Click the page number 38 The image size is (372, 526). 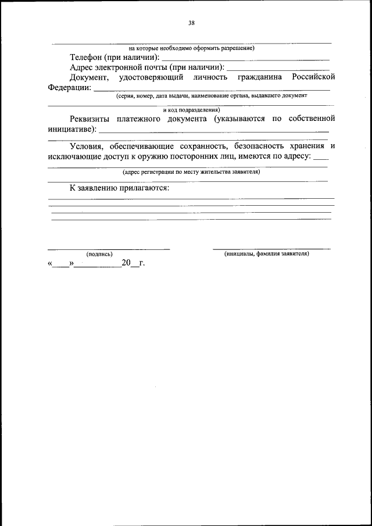191,23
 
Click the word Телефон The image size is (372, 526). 86,58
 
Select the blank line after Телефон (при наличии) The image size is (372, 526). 245,59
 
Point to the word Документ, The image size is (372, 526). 88,77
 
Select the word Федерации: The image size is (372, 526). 69,88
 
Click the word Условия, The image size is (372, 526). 87,146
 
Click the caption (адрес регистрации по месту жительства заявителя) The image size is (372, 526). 191,171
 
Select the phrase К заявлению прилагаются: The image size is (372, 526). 119,188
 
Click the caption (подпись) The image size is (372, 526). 99,254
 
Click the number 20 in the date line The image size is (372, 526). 127,263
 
